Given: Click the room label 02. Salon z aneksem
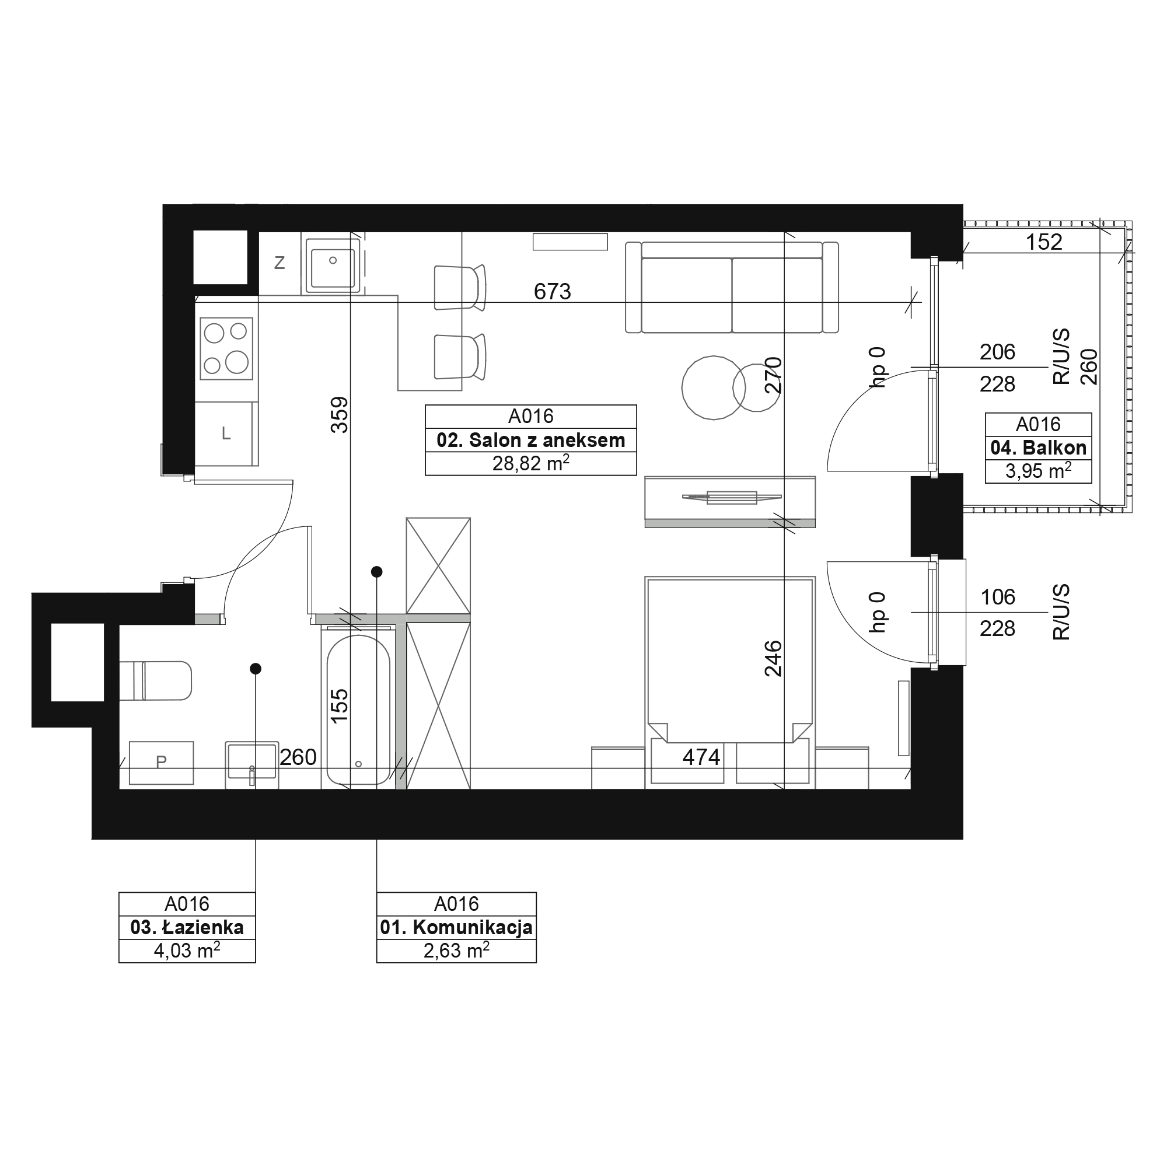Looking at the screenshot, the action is [x=531, y=441].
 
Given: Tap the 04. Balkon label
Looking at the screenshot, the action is [x=1039, y=448].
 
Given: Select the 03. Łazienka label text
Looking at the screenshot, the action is [x=187, y=927].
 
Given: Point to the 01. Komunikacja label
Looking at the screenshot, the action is [x=456, y=927].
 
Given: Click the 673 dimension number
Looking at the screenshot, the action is [x=552, y=292].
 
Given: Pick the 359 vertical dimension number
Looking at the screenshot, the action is [x=340, y=414].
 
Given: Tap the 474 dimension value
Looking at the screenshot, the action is [x=701, y=757].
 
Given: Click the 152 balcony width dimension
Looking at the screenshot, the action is [x=1044, y=242].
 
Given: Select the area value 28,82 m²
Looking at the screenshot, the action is [x=531, y=463].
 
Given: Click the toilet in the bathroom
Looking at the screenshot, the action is [x=155, y=680].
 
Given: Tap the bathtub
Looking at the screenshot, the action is [x=358, y=709].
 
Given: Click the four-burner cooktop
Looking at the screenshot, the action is [x=226, y=348].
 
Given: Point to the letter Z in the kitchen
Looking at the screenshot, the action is [x=279, y=263].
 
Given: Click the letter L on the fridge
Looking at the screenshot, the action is [x=226, y=433].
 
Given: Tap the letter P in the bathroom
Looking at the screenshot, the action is [x=160, y=762].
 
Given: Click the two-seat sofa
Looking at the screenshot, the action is [x=732, y=288].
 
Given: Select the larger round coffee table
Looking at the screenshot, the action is [x=714, y=387].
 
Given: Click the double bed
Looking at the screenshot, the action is [x=730, y=682].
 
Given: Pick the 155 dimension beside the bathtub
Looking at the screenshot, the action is [x=340, y=705].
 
